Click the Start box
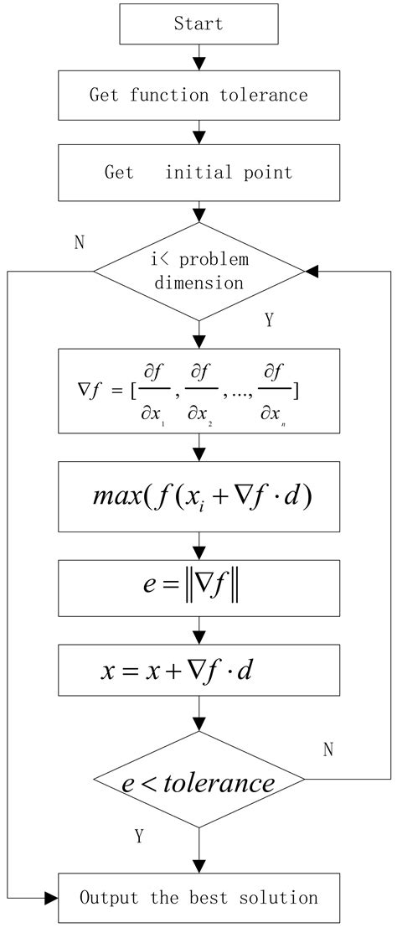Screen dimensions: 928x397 pos(198,23)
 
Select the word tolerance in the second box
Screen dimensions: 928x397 pos(264,95)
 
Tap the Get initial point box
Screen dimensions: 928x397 pos(198,173)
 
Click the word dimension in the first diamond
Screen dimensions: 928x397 pos(198,283)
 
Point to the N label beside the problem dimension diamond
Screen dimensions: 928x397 pos(80,243)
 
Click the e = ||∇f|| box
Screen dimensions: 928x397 pos(198,588)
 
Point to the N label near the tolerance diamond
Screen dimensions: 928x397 pos(328,749)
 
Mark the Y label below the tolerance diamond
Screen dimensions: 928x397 pos(139,836)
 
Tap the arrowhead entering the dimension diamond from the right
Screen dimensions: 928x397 pos(311,272)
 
